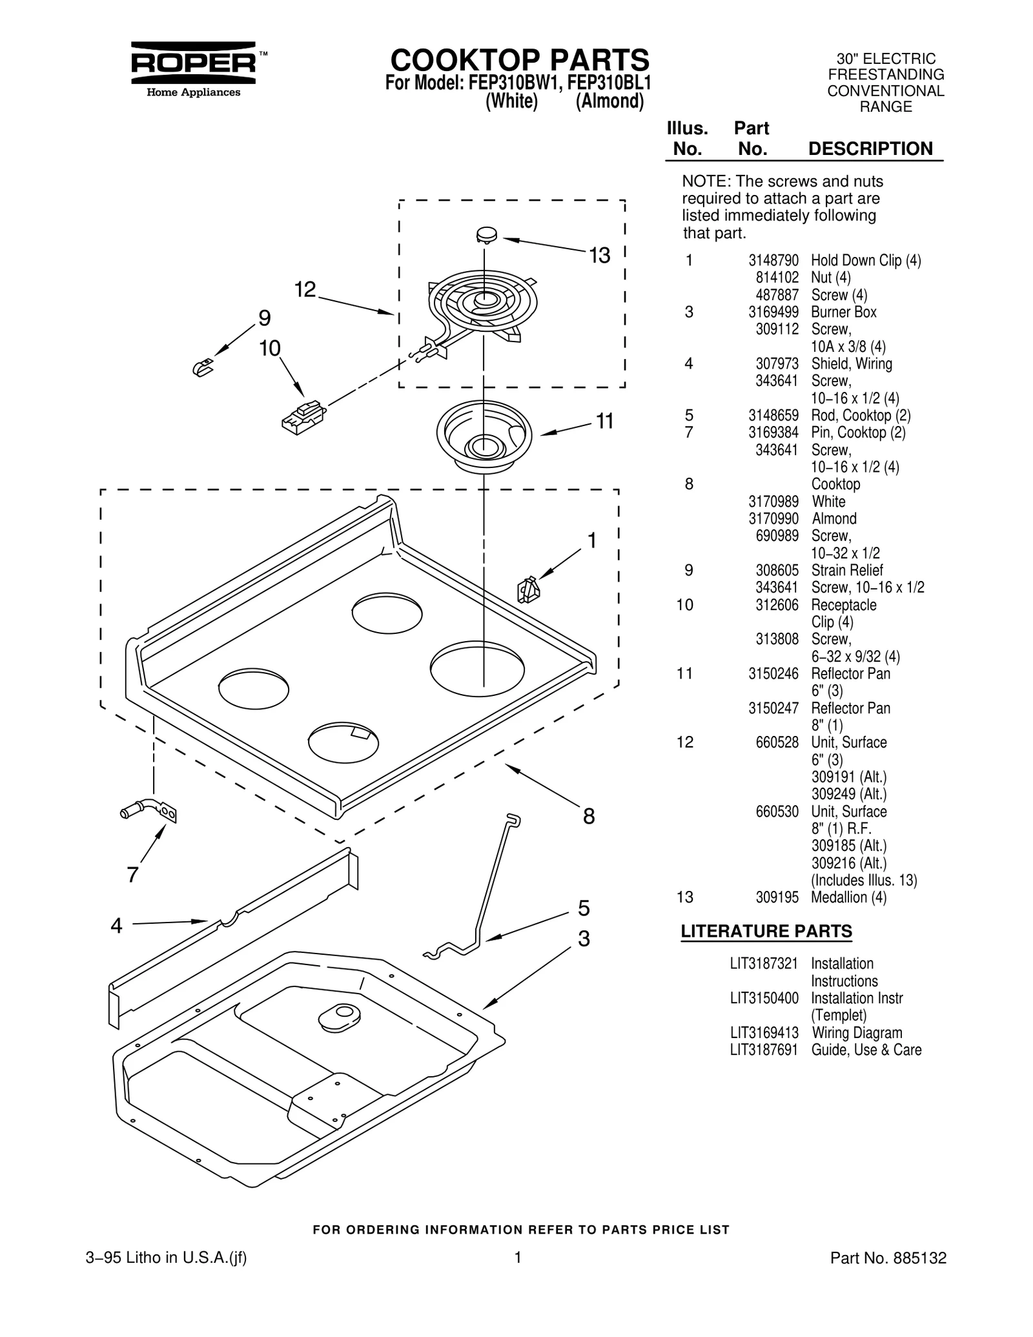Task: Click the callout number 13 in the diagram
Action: [x=598, y=256]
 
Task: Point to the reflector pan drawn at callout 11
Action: [x=484, y=434]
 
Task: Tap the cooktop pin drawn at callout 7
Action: [x=149, y=811]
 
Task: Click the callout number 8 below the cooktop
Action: [x=588, y=816]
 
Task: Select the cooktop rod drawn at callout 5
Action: [x=484, y=891]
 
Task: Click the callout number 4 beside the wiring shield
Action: [x=116, y=926]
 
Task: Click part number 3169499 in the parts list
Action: [x=773, y=312]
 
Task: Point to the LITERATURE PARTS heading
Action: [x=766, y=932]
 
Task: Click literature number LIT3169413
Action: [x=764, y=1033]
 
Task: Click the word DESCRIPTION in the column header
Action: [x=870, y=149]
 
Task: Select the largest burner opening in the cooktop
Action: [x=478, y=668]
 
